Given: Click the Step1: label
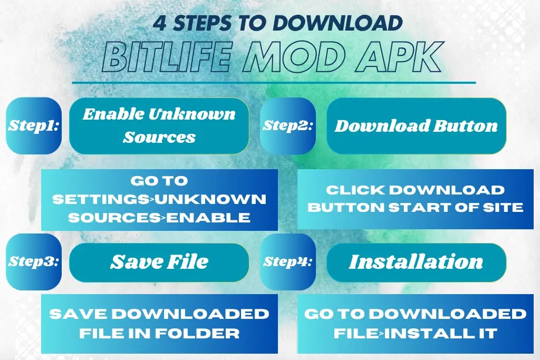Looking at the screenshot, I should point(34,126).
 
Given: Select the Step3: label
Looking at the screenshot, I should point(34,261).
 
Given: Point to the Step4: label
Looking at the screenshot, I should point(288,261).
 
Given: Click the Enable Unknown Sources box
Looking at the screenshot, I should point(159,125).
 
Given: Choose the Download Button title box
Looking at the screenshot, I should point(416,126).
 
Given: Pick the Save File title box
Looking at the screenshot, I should point(159,261).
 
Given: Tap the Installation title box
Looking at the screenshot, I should point(416,261).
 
